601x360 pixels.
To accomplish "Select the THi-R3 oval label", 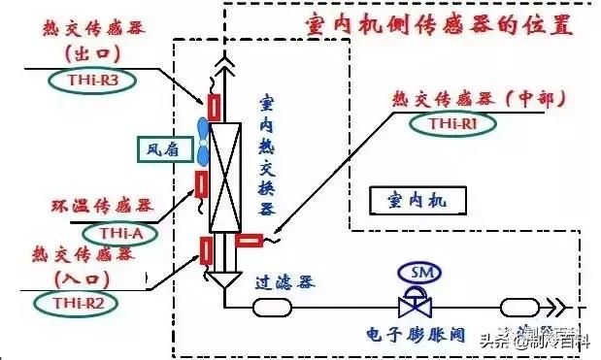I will pyautogui.click(x=76, y=82).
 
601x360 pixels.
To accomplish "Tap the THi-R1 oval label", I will pyautogui.click(x=452, y=123).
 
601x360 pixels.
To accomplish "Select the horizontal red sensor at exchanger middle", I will pyautogui.click(x=249, y=241).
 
